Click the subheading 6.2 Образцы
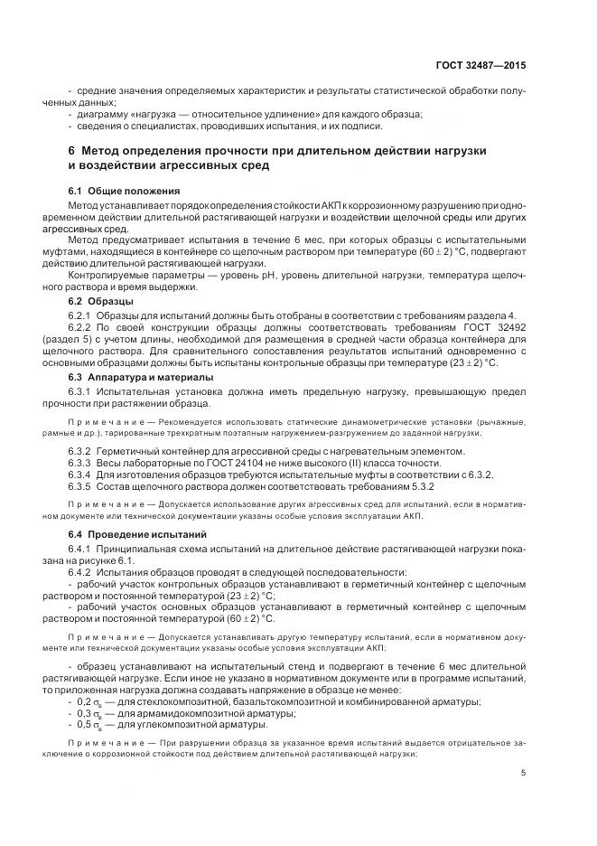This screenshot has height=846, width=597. [x=101, y=299]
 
